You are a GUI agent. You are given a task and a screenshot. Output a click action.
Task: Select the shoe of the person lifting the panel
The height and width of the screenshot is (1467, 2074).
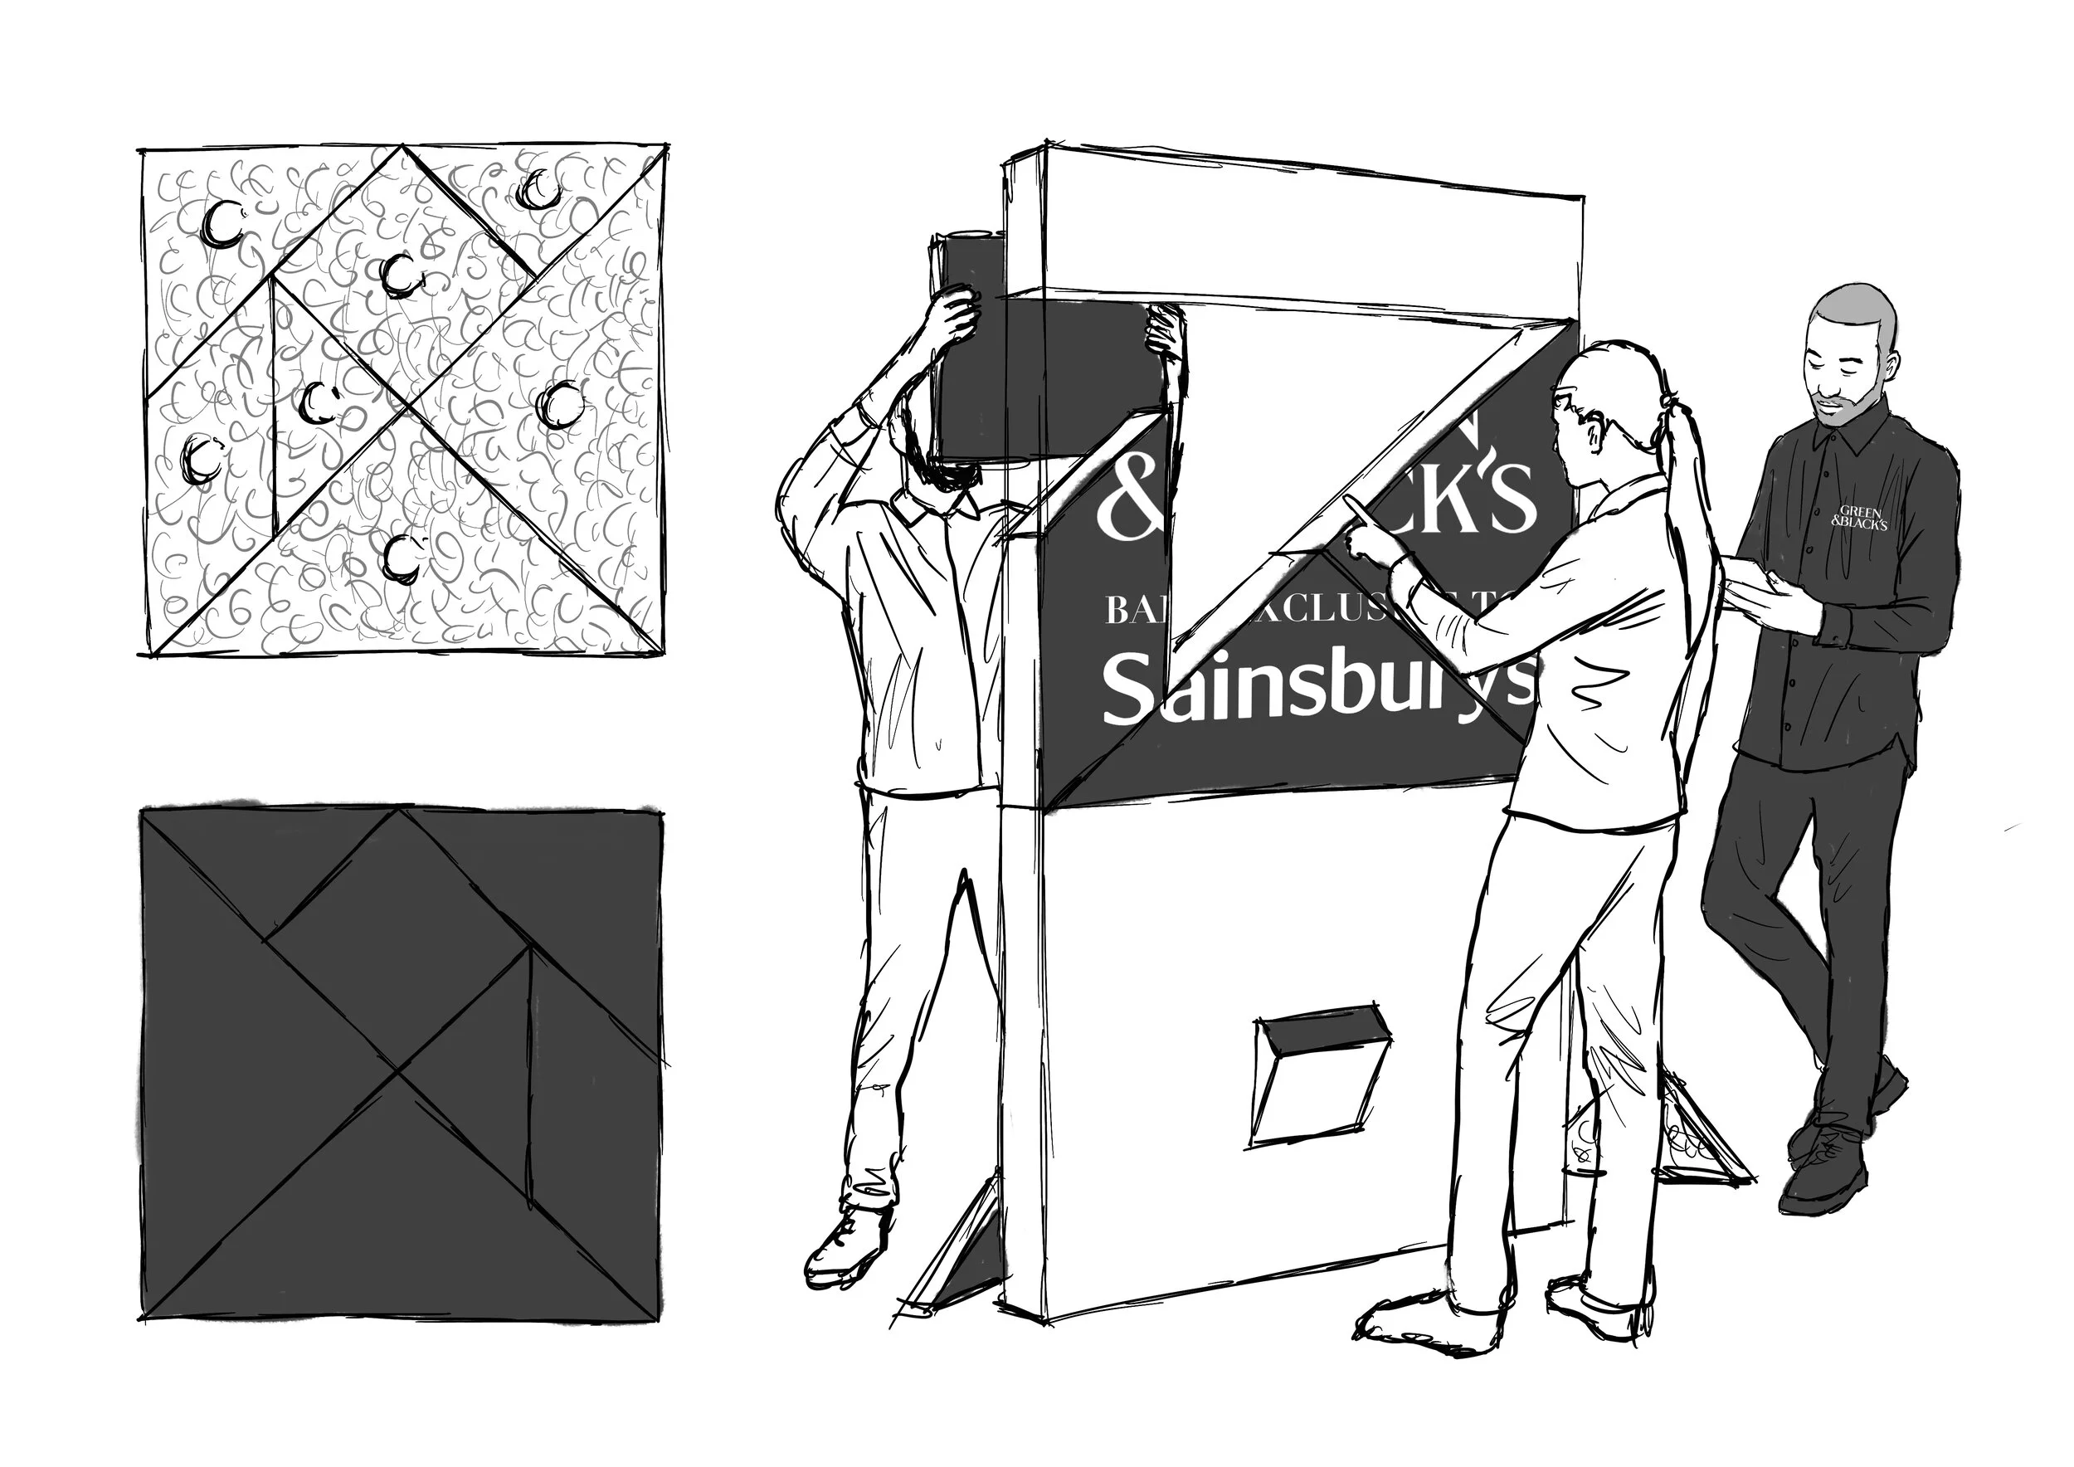[845, 1246]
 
